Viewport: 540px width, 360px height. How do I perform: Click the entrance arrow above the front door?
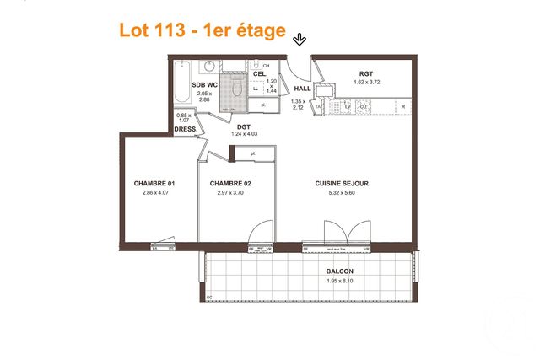pos(300,39)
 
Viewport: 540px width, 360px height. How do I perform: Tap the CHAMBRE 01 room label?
pos(154,183)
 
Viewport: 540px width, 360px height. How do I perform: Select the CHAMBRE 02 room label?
pos(230,183)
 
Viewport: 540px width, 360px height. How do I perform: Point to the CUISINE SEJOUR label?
pos(342,183)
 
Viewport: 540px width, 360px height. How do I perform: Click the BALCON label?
pos(340,271)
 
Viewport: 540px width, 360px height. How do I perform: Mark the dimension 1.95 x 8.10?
pos(340,280)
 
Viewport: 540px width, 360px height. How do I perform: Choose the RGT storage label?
pos(365,73)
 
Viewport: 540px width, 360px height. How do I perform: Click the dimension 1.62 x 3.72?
pos(365,82)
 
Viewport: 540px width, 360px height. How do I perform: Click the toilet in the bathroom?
pos(235,86)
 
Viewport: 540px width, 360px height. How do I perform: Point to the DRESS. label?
pos(186,129)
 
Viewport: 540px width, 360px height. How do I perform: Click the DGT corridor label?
pos(244,126)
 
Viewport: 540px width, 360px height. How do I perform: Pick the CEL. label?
pos(260,74)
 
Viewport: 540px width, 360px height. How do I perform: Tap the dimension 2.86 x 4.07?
pos(154,192)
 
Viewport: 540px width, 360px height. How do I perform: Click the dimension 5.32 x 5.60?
pos(342,192)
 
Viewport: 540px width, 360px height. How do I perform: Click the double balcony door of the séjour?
pos(347,233)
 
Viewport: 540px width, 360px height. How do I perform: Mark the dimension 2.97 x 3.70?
pos(230,192)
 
